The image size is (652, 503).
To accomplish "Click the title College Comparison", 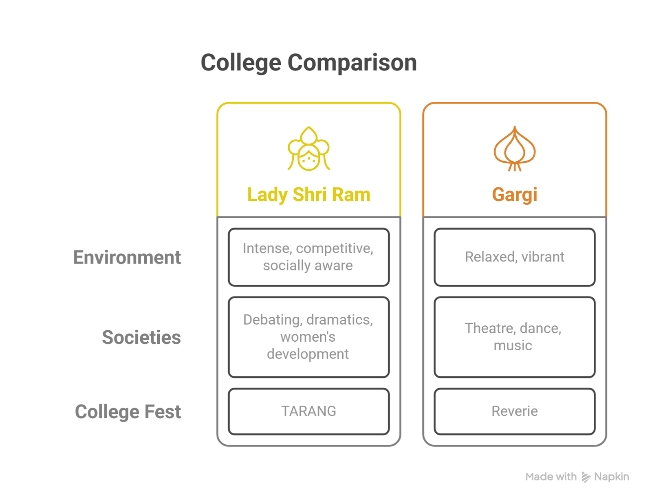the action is [x=308, y=63].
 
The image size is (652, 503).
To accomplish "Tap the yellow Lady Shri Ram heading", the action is [x=308, y=195].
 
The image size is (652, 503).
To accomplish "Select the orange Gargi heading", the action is [x=514, y=195].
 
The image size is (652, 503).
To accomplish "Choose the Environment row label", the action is [x=127, y=257].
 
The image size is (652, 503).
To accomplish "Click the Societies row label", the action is [x=141, y=337].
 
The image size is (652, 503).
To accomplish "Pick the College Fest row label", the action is [x=128, y=412].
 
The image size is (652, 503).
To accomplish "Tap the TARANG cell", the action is [x=308, y=411].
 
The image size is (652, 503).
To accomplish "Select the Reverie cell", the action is [x=514, y=411].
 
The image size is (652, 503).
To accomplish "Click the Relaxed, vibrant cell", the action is [x=514, y=257].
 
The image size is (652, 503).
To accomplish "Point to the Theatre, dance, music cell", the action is [x=514, y=337].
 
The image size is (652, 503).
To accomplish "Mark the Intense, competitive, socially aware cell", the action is [x=308, y=257].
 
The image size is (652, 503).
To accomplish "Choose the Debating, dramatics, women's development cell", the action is [x=308, y=337].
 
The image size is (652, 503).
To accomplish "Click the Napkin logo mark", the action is [x=586, y=477].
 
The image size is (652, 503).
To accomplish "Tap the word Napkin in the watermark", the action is [x=611, y=477].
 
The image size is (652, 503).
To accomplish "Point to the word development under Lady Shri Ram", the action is [x=308, y=354].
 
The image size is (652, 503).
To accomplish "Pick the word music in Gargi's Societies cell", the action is [x=513, y=346].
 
